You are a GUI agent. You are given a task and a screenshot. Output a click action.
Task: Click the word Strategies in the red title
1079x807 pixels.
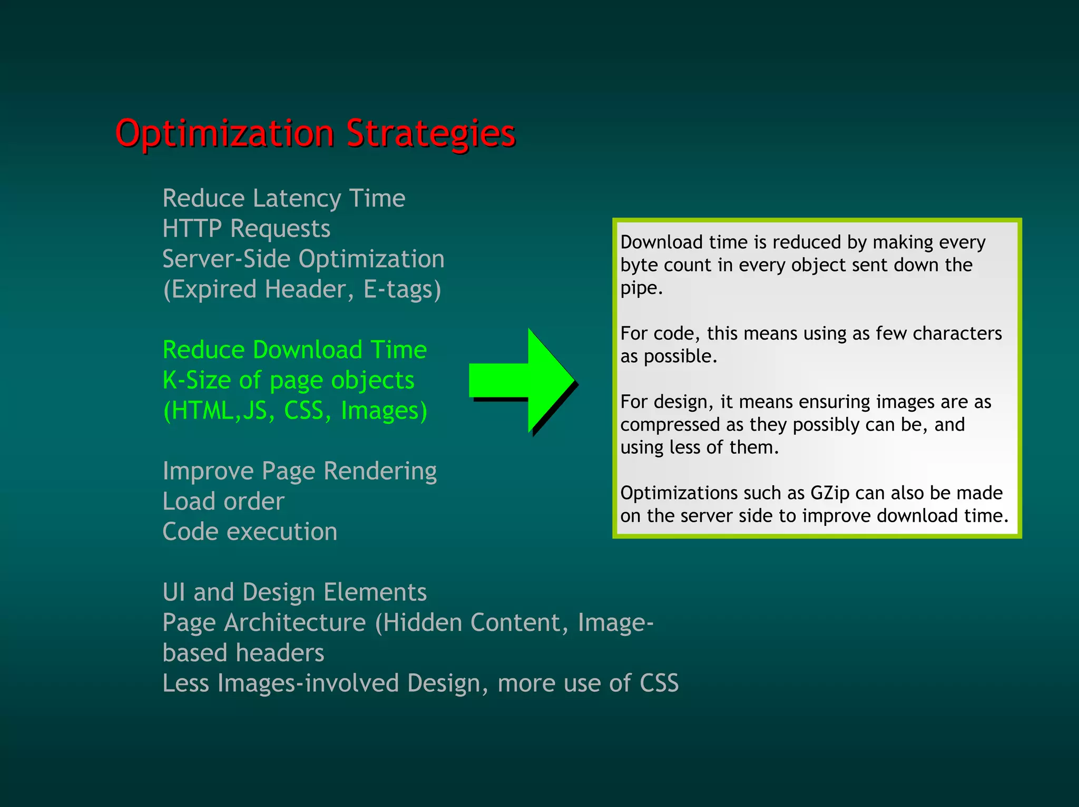point(430,134)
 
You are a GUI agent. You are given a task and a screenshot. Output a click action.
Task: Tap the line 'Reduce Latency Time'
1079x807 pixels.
point(283,198)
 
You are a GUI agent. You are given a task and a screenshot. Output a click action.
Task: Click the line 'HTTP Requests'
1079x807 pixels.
point(246,229)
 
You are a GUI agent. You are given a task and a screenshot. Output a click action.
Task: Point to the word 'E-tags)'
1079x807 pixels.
point(402,290)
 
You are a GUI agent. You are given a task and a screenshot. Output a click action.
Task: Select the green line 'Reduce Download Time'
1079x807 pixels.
point(295,350)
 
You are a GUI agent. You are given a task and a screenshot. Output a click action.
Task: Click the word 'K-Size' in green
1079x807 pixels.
point(197,380)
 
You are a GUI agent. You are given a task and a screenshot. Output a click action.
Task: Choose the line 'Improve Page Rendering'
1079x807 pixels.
point(299,471)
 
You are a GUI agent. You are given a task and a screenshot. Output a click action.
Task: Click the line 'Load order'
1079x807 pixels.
point(223,501)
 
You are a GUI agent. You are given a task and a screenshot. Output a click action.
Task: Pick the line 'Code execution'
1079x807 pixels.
point(250,532)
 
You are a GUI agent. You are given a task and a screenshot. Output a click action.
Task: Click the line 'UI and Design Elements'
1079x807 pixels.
point(295,592)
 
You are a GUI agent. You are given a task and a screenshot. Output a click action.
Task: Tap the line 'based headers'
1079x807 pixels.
point(243,653)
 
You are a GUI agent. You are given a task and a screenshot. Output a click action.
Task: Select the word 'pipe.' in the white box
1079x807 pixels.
point(641,288)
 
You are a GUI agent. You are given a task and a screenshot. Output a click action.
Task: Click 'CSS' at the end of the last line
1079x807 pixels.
point(659,683)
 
